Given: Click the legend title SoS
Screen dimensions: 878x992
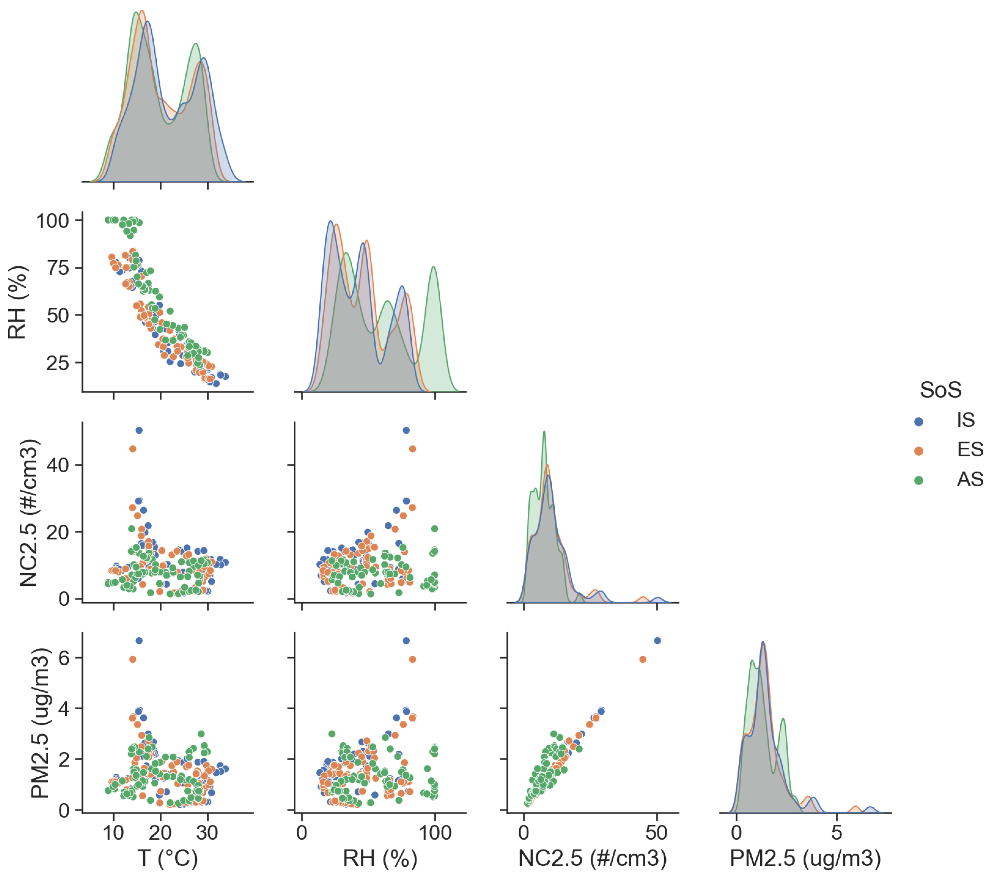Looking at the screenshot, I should tap(940, 390).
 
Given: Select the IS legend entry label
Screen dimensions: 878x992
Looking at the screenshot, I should tap(966, 420).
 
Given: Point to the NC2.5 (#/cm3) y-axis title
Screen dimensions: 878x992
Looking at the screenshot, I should tap(28, 512).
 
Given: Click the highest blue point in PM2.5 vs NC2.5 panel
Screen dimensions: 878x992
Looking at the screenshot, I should tap(658, 641).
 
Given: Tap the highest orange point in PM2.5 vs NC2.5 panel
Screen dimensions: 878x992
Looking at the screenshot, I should tap(643, 659).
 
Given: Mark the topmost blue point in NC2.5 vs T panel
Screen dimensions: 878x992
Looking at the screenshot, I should tap(139, 430).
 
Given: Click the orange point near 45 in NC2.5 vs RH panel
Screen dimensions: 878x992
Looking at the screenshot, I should tap(413, 449).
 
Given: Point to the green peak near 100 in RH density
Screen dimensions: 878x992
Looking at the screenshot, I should tap(433, 267).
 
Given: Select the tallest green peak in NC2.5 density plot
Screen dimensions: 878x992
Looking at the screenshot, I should tap(544, 431).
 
